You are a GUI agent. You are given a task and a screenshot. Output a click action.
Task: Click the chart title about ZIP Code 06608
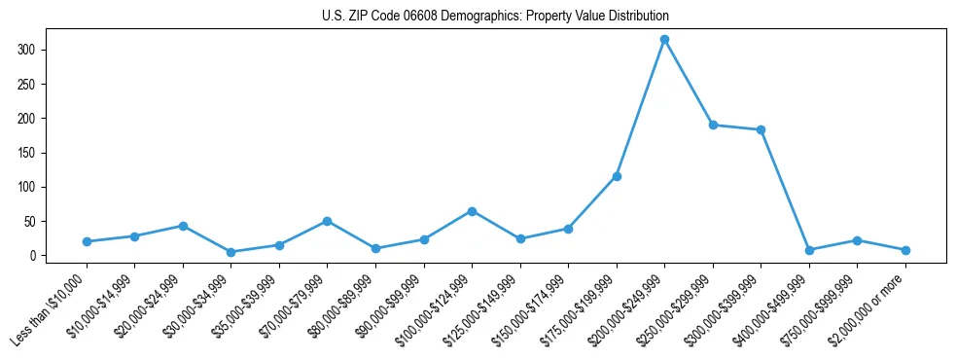coord(495,17)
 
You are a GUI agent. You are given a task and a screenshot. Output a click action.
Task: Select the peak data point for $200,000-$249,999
coord(664,40)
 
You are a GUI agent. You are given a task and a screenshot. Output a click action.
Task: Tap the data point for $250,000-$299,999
coord(713,125)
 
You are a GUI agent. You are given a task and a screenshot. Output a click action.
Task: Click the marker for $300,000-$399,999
coord(761,129)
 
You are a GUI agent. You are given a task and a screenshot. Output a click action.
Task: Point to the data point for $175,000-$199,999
coord(617,176)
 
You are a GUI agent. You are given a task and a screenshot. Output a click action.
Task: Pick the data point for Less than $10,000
coord(87,241)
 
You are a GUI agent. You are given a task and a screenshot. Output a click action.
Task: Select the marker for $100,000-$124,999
coord(472,211)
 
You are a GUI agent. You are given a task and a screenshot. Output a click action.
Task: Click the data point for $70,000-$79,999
coord(327,221)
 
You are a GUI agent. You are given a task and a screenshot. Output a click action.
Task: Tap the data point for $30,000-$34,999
coord(230,252)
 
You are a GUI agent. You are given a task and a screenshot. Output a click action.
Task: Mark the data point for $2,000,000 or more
coord(905,250)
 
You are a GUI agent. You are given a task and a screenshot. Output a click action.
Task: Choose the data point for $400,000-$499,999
coord(809,250)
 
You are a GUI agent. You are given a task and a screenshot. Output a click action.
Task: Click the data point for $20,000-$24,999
coord(183,226)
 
